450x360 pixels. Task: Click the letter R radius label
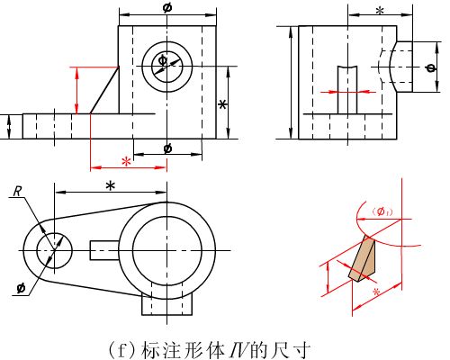18,192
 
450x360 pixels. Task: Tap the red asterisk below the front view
127,162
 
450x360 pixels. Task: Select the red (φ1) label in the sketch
382,211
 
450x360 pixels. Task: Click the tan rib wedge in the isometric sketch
363,259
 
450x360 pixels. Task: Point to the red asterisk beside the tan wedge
376,292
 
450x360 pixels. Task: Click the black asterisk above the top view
111,186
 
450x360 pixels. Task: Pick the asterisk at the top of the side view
380,11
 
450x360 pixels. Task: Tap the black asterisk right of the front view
222,105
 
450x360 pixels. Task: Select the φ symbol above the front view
167,7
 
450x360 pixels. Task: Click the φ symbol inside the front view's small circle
162,60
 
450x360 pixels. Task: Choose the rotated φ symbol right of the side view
431,67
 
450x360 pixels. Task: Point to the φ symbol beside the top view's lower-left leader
21,289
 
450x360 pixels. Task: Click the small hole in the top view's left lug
54,249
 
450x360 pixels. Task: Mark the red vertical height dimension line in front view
77,91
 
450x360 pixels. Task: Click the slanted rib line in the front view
104,90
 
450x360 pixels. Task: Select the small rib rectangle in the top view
104,250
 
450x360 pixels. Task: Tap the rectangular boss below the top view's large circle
166,304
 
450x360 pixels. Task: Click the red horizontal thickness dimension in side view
347,92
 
